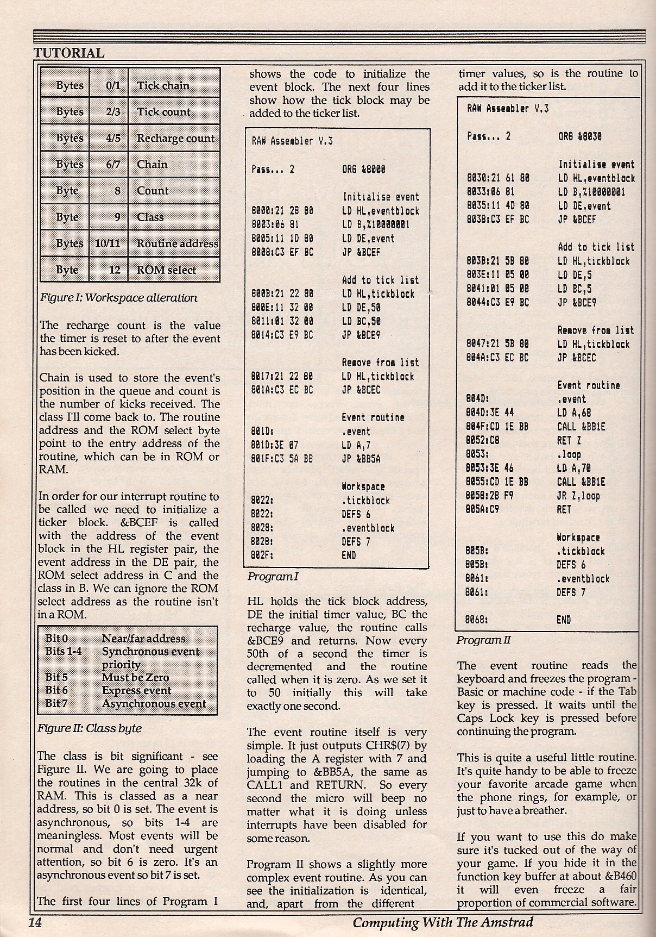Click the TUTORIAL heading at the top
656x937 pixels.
coord(69,53)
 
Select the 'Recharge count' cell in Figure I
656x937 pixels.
coord(175,138)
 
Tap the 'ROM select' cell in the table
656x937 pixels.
coord(166,270)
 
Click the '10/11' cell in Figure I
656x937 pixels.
coord(108,243)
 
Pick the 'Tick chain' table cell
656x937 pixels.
coord(163,85)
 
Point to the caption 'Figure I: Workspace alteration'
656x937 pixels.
coord(119,298)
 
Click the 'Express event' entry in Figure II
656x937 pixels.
coord(136,691)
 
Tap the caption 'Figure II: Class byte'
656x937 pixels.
coord(89,728)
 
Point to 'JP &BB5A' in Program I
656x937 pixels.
coord(361,459)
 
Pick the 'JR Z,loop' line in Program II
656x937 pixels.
coord(578,496)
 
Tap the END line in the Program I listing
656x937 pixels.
coord(349,555)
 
